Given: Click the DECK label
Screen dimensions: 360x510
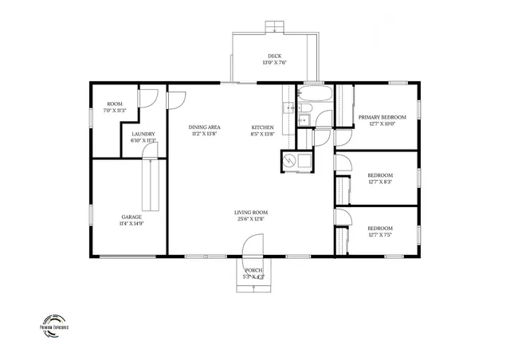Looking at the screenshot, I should tap(274, 56).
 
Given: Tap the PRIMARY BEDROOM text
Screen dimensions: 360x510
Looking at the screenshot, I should tap(382, 117).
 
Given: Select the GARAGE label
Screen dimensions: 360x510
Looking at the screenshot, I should tap(131, 217).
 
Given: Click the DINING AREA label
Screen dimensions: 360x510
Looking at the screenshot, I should tap(205, 127).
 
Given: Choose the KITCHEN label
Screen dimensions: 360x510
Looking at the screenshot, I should tap(263, 127).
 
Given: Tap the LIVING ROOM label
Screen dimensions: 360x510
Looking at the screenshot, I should tap(250, 212).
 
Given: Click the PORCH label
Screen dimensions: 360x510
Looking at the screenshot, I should tap(253, 271).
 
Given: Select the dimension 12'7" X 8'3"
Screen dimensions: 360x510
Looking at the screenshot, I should tap(380, 182).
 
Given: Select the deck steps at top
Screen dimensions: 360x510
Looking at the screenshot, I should tap(275, 27).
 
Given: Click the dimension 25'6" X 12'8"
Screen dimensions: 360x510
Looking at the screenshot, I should tap(250, 219).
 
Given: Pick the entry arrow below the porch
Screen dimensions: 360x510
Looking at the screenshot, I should tap(254, 288).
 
